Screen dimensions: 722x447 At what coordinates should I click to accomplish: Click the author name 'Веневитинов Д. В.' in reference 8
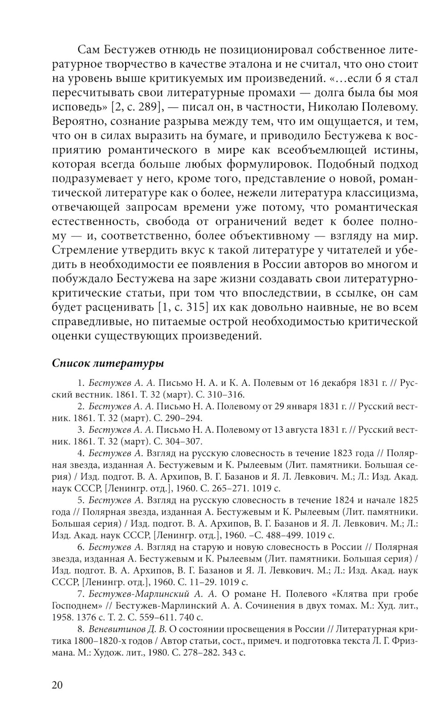pos(127,629)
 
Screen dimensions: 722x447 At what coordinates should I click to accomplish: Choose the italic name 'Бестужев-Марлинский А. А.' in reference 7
pos(153,594)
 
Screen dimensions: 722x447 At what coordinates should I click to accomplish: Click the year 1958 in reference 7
pos(61,617)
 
